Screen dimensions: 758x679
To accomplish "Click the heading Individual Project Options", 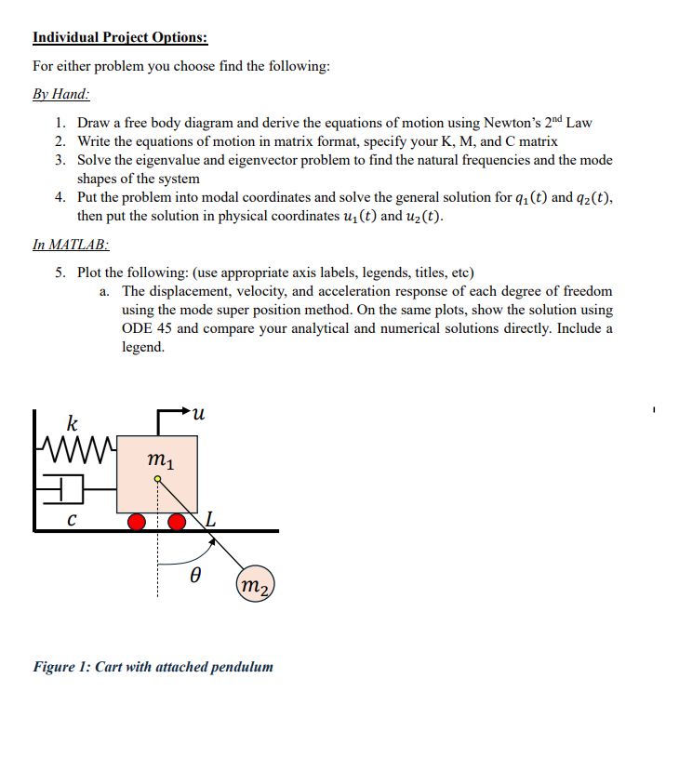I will click(x=120, y=38).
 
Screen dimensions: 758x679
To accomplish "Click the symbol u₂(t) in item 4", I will click(x=419, y=217).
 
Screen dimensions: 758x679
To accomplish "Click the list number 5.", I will click(x=59, y=273).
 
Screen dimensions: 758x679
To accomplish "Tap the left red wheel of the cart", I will click(x=138, y=521).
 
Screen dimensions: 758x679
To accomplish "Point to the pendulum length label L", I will click(x=213, y=518).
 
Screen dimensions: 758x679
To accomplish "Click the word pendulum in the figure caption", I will click(x=243, y=666).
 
